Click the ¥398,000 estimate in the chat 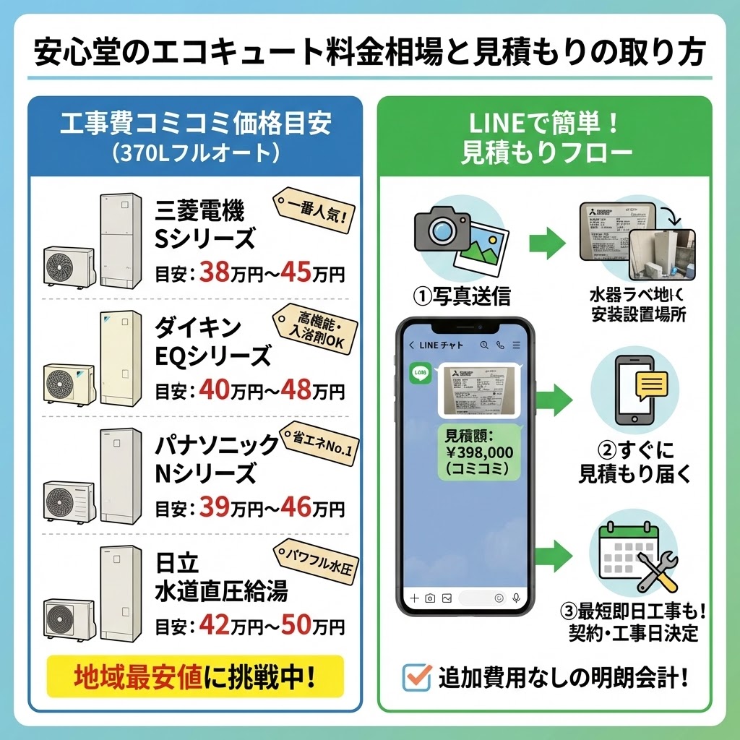480,452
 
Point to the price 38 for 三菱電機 214,274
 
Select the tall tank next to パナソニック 120,476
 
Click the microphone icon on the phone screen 516,598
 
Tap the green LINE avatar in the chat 420,374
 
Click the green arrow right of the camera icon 547,242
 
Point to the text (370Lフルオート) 195,153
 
